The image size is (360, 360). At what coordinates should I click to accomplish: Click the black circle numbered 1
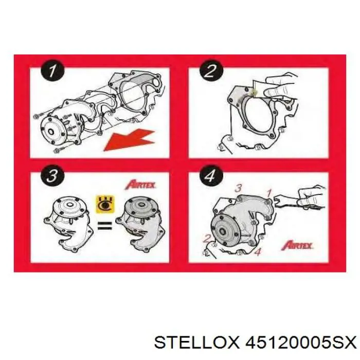click(52, 71)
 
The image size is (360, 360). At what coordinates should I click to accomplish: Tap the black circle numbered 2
click(211, 71)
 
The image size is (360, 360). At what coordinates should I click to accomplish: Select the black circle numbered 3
click(52, 176)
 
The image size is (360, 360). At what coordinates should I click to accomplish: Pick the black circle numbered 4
click(211, 176)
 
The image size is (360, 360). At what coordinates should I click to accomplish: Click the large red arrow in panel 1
click(129, 139)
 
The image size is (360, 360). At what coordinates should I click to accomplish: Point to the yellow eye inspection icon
click(105, 204)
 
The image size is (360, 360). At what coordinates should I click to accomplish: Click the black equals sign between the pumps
click(105, 225)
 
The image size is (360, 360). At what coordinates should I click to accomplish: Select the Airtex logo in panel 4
click(297, 245)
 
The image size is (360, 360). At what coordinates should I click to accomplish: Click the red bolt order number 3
click(238, 188)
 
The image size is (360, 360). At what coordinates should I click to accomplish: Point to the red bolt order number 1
click(269, 193)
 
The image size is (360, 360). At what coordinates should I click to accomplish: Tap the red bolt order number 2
click(207, 239)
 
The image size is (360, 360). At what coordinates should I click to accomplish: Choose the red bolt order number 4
click(258, 252)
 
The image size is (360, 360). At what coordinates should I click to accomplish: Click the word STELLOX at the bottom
click(197, 344)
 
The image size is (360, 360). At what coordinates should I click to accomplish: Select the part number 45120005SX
click(301, 344)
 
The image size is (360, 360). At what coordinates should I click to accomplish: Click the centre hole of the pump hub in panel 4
click(223, 231)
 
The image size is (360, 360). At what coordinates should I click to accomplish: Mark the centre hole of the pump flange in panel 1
click(51, 132)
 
